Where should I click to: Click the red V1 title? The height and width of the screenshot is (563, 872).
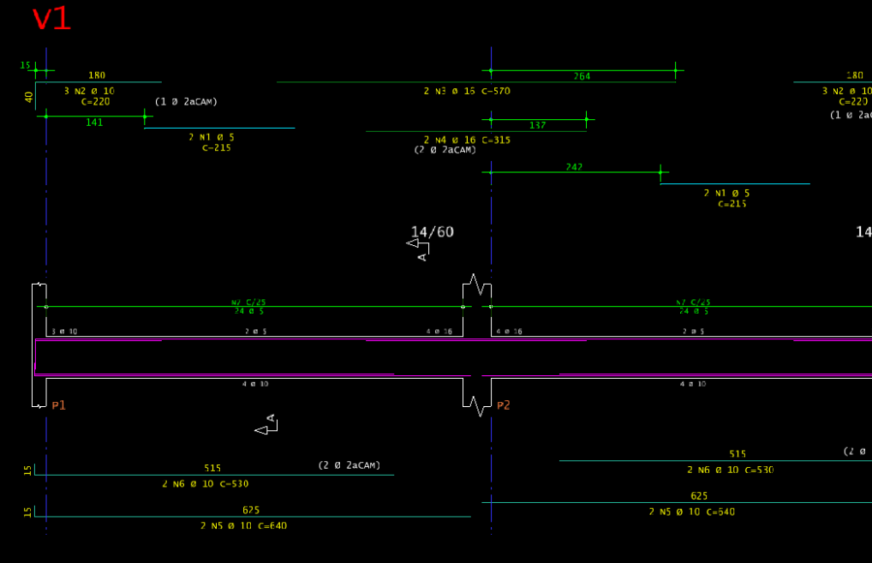point(51,19)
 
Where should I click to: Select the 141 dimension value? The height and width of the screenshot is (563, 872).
point(94,123)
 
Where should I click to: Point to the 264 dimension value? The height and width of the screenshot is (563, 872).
point(582,76)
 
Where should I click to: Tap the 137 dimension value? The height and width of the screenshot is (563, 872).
point(537,125)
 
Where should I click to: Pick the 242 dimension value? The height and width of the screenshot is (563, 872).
point(574,167)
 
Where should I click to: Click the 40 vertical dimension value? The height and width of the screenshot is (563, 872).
point(28,97)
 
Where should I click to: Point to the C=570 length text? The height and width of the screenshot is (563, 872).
point(496,91)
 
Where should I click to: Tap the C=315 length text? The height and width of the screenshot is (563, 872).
point(496,140)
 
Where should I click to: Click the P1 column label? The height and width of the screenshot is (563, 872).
point(58,405)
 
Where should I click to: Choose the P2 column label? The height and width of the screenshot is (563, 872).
point(503,405)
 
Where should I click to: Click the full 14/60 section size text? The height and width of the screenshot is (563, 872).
point(433,231)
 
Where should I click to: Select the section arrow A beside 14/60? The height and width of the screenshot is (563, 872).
point(419,248)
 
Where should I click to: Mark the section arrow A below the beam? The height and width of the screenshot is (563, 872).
point(267,425)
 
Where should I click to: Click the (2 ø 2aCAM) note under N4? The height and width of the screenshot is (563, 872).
point(445,150)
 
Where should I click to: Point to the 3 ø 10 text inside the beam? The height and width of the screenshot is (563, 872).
point(65,331)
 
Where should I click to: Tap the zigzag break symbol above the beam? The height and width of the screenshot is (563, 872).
point(477,284)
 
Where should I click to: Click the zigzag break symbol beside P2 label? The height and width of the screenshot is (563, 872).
point(477,405)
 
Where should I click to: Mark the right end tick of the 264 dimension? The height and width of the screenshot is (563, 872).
point(675,70)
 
